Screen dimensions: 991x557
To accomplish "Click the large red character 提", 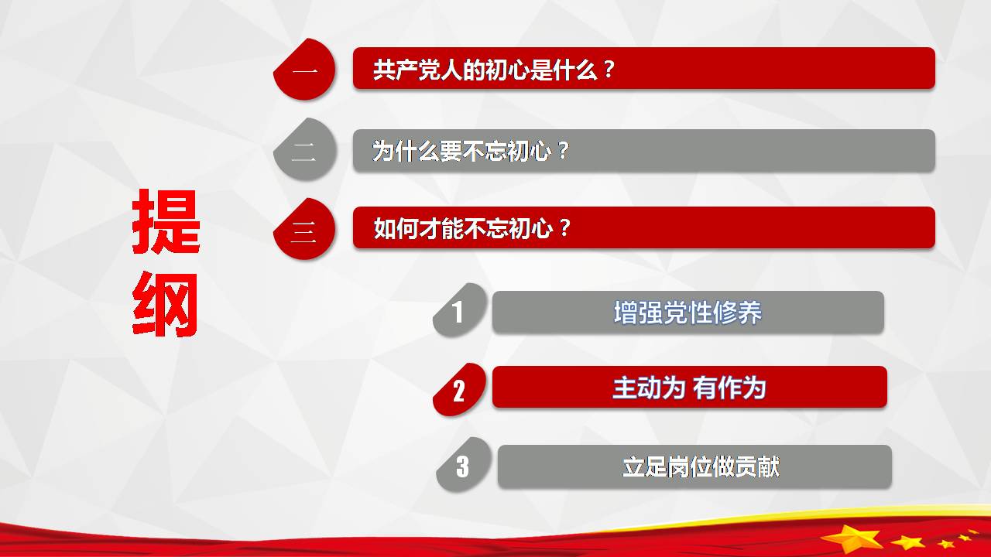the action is point(166,221).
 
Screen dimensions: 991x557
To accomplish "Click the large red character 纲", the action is point(165,306).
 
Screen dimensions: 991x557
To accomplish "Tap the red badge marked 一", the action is point(304,70).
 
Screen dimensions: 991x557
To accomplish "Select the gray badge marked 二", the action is point(304,149).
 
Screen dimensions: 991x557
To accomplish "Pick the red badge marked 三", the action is point(304,229).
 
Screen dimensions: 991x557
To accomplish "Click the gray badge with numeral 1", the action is point(460,310).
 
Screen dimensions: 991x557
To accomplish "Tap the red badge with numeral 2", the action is point(460,390).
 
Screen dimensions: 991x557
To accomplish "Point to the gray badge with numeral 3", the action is point(464,465).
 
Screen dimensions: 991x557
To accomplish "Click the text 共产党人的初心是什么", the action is point(485,70).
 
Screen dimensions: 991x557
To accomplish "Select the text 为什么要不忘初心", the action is point(462,151).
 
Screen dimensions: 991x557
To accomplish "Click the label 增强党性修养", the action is point(688,313).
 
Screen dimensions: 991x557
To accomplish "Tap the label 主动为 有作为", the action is point(689,388).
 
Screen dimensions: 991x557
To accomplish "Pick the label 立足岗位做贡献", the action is point(701,466).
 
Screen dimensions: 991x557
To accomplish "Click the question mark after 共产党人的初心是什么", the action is point(609,70).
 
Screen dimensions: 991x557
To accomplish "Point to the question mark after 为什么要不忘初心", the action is point(563,151).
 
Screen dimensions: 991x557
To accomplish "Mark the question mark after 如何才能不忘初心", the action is point(564,228).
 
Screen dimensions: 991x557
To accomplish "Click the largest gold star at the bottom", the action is point(852,538).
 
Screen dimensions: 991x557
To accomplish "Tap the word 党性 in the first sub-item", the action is point(688,313).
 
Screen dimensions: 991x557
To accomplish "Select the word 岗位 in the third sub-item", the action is point(690,466).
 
